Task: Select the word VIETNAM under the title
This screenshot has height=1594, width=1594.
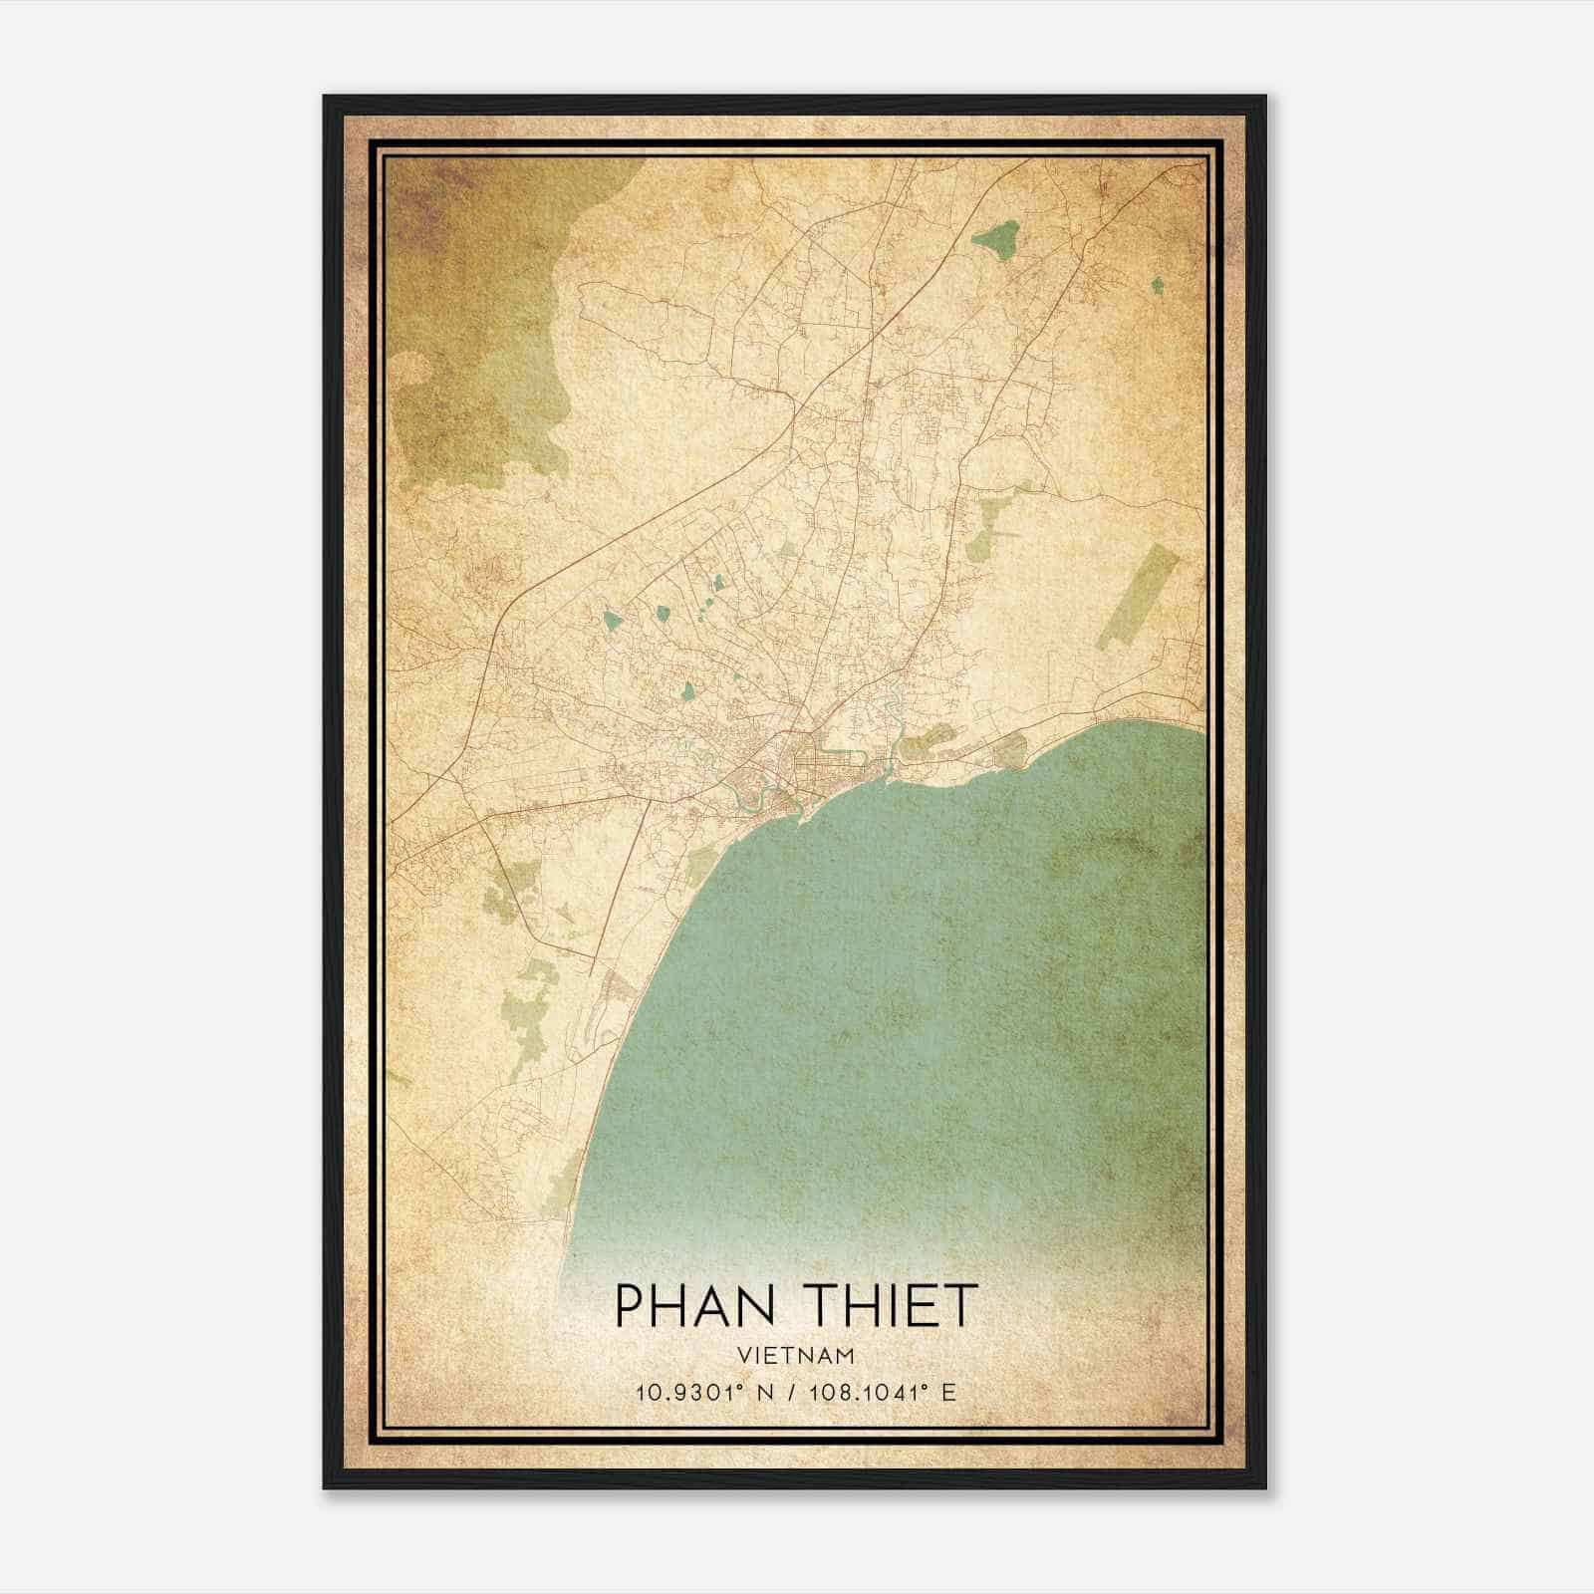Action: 796,1356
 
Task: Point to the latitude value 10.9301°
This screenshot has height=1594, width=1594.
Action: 684,1392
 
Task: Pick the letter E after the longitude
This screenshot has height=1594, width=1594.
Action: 948,1392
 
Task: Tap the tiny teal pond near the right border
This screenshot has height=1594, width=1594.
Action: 1157,286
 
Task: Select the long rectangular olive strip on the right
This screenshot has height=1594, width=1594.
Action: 1138,598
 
